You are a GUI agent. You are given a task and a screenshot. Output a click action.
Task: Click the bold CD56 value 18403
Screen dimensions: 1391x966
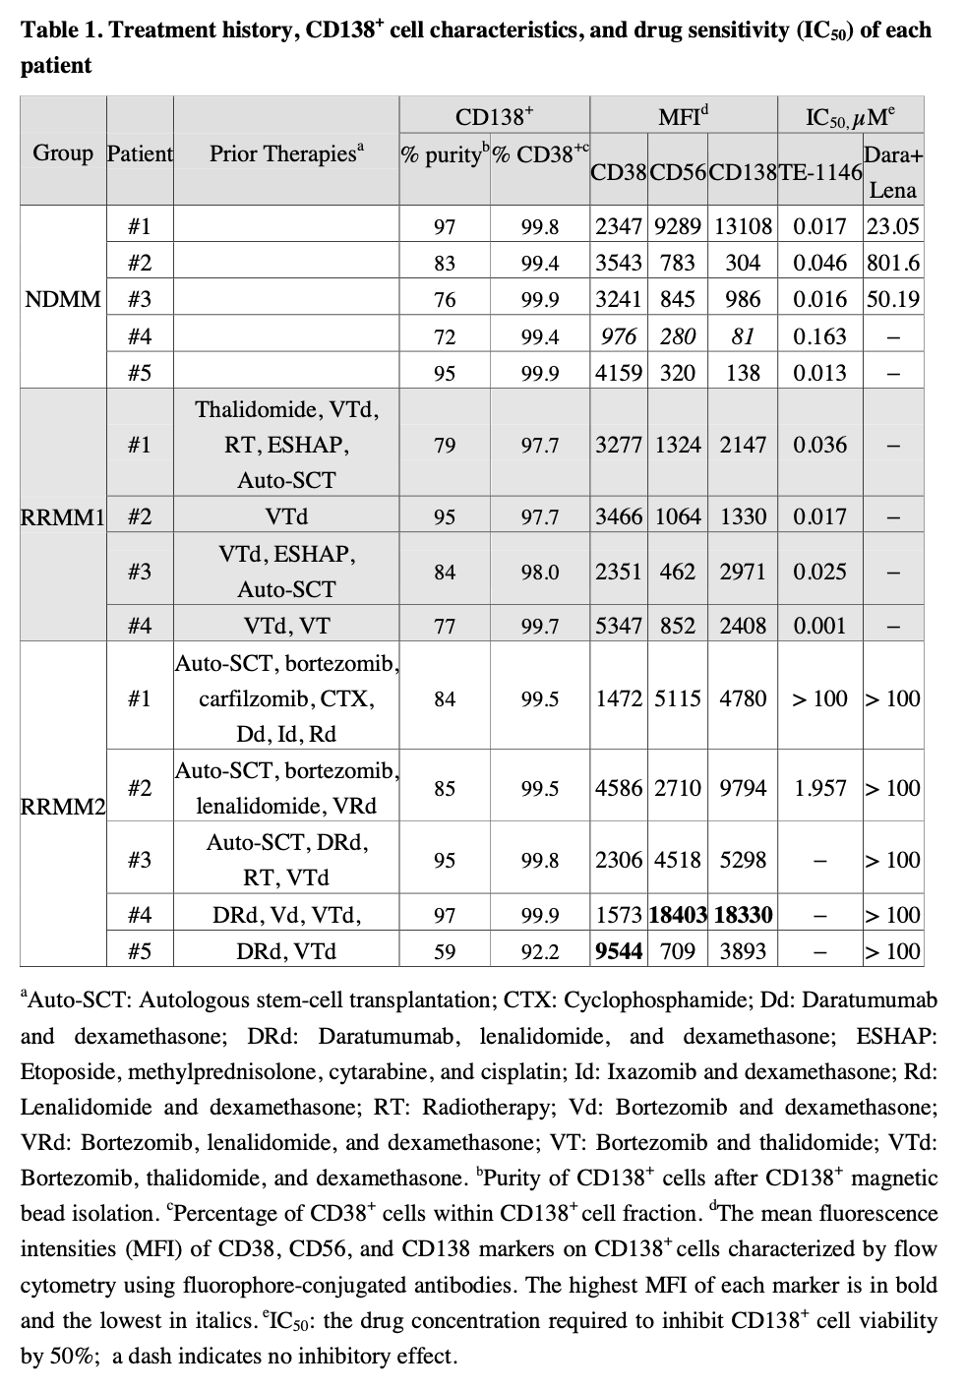coord(678,915)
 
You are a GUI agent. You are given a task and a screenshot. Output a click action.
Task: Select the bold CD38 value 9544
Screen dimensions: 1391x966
coord(619,951)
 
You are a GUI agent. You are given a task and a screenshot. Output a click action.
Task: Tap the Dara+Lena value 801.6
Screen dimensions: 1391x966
coord(893,263)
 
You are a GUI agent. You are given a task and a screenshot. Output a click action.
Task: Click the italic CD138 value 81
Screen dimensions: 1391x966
coord(743,336)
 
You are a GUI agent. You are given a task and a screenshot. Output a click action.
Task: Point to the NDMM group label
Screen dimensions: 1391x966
coord(63,298)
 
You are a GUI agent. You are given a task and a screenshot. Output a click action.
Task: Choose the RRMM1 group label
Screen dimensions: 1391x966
coord(63,515)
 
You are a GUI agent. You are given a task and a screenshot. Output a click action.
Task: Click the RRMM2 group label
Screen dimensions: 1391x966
coord(63,806)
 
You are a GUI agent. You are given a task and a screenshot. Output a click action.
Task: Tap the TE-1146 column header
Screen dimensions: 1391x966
coord(820,172)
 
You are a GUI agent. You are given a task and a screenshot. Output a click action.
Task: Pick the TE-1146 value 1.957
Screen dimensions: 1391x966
coord(820,788)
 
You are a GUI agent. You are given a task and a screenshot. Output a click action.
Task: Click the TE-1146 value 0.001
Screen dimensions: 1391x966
coord(820,625)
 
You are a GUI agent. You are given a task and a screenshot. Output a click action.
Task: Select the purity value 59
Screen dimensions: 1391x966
coord(445,951)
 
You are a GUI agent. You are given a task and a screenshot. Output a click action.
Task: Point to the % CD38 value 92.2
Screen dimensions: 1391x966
coord(540,951)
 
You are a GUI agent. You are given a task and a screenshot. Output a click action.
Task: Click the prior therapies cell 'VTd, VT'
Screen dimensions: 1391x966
coord(286,625)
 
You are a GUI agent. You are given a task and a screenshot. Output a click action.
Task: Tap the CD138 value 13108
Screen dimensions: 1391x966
coord(743,226)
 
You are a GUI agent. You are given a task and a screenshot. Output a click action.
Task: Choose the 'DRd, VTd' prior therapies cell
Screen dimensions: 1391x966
coord(286,951)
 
